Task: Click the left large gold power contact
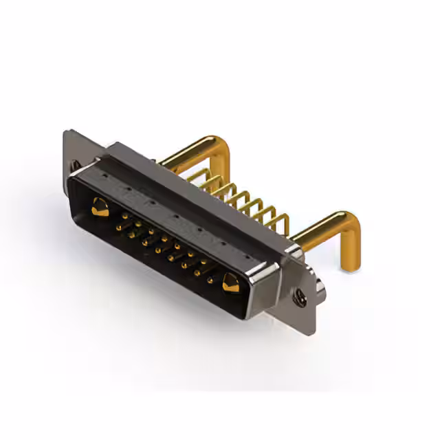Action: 100,206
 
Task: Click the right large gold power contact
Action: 230,283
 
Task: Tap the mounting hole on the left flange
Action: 74,166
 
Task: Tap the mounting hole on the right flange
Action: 300,297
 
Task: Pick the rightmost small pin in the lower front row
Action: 210,280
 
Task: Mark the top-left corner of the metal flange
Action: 65,132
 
